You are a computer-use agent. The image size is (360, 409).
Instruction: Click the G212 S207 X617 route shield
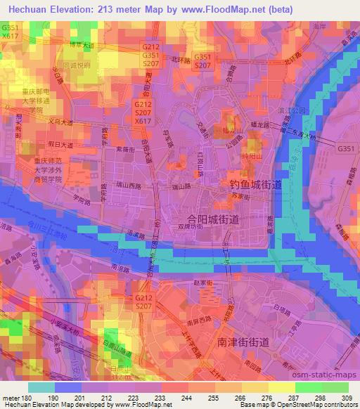click(142, 112)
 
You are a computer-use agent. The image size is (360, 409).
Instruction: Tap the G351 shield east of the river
click(345, 149)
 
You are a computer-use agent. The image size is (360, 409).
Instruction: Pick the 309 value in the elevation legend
click(345, 398)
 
